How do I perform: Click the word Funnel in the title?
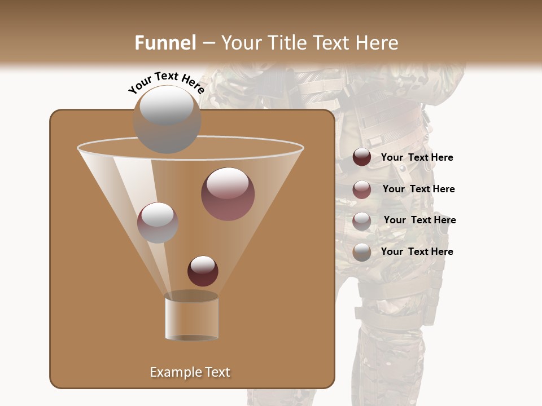(x=165, y=43)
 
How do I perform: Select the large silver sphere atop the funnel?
(x=167, y=119)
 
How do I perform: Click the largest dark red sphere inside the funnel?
(x=228, y=193)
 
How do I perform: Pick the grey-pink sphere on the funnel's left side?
(x=158, y=222)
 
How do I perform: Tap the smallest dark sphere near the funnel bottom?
(x=203, y=271)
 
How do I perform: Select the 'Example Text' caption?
(x=190, y=372)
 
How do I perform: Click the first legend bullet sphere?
(x=362, y=157)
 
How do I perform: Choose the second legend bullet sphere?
(x=362, y=189)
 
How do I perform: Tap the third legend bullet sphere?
(x=362, y=221)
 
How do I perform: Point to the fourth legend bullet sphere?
(x=362, y=252)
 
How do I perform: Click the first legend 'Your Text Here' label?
(x=417, y=158)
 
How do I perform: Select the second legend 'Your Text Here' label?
(x=418, y=189)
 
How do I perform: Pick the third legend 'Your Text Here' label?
(x=419, y=220)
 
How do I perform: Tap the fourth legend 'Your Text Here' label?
(x=417, y=252)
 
